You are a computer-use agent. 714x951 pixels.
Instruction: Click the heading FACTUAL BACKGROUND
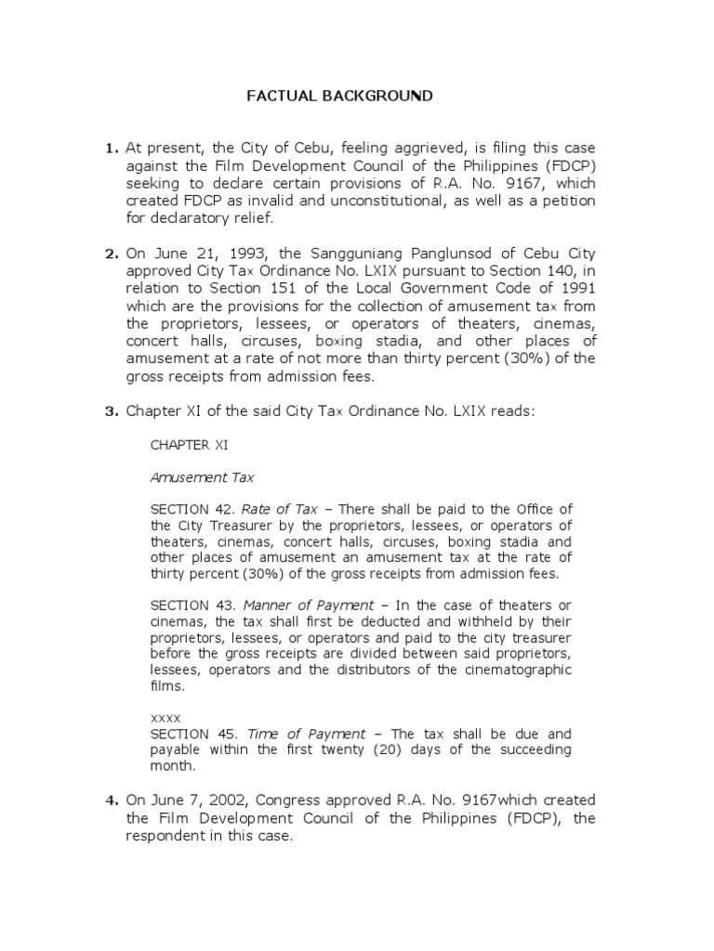(x=338, y=96)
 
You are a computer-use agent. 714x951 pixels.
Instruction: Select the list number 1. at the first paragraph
(x=112, y=149)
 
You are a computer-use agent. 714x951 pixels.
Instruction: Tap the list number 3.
(x=112, y=412)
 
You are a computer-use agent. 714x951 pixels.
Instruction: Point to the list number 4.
(x=112, y=801)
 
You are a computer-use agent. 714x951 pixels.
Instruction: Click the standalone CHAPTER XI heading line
(x=189, y=446)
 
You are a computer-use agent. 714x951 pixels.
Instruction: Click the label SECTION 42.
(x=192, y=509)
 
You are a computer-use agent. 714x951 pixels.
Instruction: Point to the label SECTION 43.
(x=192, y=606)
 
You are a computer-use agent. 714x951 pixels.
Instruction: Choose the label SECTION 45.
(x=192, y=734)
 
